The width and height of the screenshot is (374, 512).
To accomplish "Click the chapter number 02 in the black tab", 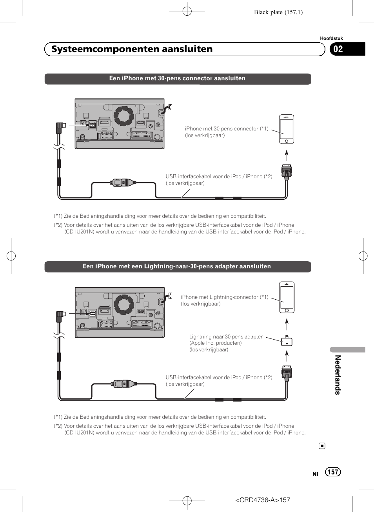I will [338, 49].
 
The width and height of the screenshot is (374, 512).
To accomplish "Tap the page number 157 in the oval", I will [333, 472].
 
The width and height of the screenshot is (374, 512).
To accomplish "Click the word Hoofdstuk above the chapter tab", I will [331, 38].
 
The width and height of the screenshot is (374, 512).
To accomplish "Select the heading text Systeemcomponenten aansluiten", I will [132, 49].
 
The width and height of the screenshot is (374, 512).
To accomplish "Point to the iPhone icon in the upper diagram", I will [287, 129].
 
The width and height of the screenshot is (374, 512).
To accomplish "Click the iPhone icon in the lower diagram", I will [287, 297].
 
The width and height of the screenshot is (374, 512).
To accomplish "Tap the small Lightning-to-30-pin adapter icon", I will [287, 341].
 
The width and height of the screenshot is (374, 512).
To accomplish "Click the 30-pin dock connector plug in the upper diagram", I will [287, 172].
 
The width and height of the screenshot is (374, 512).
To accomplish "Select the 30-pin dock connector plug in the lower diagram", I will [287, 373].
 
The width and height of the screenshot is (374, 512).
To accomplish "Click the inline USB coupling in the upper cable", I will [123, 183].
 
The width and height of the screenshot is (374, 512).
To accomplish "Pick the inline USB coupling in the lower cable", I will [123, 384].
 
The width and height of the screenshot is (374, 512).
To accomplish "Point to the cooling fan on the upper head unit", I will [124, 116].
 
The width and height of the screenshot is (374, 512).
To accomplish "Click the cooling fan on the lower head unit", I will [124, 304].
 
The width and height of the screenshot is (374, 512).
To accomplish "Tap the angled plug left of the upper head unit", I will [60, 127].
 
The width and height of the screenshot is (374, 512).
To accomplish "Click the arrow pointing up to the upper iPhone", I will [287, 156].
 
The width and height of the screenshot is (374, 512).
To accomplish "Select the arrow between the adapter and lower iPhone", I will [287, 324].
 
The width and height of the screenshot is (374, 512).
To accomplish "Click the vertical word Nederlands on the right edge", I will [338, 375].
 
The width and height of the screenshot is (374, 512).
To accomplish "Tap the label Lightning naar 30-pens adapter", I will [226, 337].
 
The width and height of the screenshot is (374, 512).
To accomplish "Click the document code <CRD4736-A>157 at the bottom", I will [262, 500].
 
